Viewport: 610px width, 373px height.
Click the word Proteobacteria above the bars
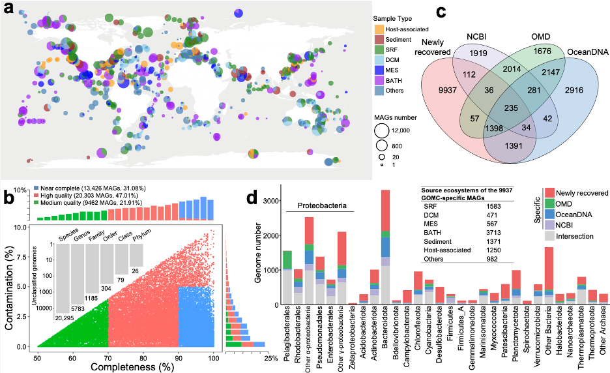[x=319, y=206]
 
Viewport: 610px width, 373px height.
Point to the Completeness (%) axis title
[x=124, y=366]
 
